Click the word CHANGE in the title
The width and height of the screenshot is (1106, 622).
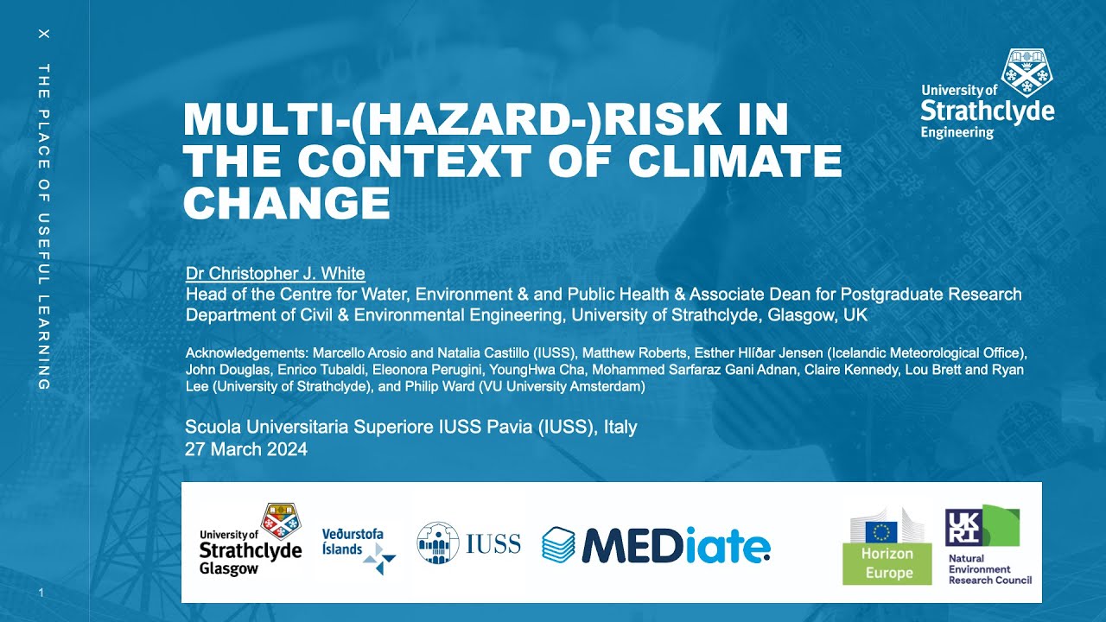[x=287, y=203]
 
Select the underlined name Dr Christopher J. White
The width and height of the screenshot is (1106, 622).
[x=275, y=274]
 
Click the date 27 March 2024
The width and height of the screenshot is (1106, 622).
[x=246, y=449]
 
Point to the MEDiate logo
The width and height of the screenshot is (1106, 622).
[x=656, y=543]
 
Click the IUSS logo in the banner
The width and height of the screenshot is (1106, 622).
[x=469, y=543]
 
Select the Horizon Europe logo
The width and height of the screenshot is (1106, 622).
[x=887, y=547]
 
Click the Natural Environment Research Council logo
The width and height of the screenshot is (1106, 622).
[x=988, y=545]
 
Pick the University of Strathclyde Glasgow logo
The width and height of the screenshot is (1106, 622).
[x=251, y=540]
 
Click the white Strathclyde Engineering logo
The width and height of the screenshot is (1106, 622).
[x=987, y=94]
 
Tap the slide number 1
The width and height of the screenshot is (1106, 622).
[x=41, y=593]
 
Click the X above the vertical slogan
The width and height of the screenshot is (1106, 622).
[x=44, y=34]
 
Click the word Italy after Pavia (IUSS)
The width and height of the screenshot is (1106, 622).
[x=620, y=428]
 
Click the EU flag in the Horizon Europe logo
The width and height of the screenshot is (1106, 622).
[x=880, y=530]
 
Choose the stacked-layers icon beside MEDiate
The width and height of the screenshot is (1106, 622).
[x=558, y=544]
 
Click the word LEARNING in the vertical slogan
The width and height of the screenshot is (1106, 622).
[x=44, y=340]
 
